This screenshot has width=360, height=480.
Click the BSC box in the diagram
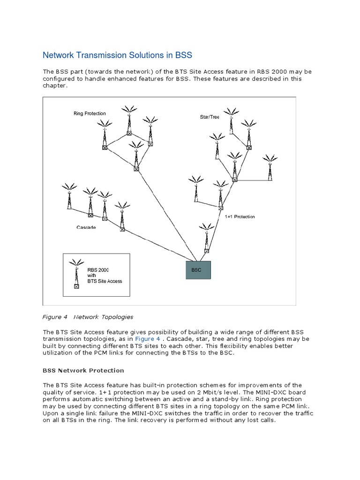coord(198,270)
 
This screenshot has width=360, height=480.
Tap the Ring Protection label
coord(90,113)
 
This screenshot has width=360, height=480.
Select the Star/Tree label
coord(210,117)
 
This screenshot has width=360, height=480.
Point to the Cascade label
coord(86,227)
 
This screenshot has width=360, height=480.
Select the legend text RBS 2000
coord(98,270)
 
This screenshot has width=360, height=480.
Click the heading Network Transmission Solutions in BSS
coord(118,55)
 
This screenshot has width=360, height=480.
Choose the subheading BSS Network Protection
coord(83,370)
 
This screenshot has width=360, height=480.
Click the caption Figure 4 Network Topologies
coord(88,317)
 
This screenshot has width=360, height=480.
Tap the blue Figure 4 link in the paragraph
coord(148,339)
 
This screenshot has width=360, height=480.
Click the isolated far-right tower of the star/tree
coord(270,166)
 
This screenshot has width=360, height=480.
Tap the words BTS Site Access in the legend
coord(105,281)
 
